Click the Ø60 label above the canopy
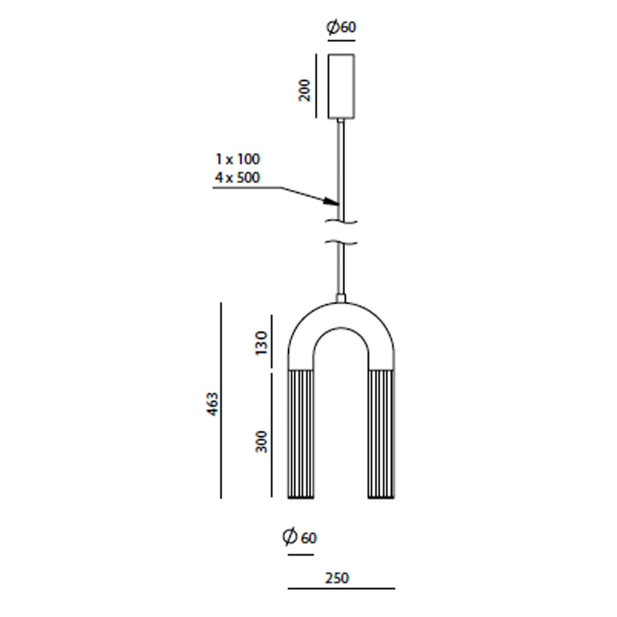point(341,27)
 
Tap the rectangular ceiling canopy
point(341,86)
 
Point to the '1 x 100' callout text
point(238,159)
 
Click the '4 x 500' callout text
point(238,178)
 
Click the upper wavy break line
point(341,222)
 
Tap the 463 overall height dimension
point(213,404)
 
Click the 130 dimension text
point(261,343)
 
